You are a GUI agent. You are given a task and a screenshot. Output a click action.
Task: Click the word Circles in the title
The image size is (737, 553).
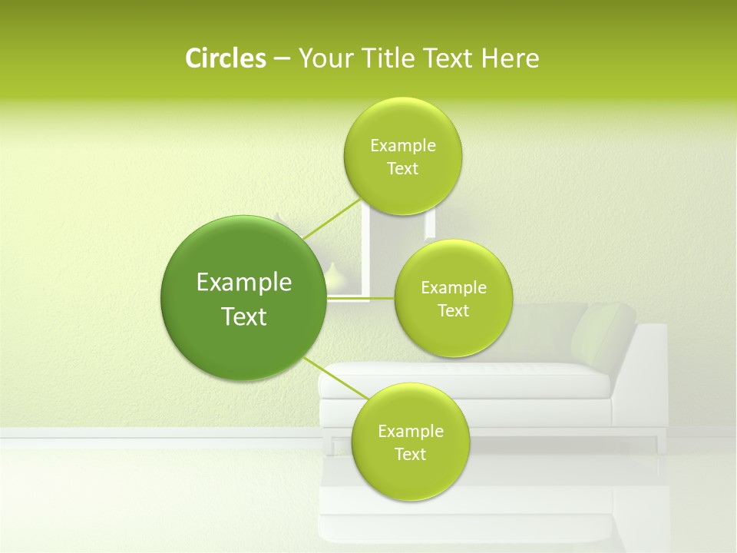[x=225, y=58]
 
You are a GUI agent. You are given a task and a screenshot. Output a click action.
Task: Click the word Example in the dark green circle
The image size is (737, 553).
[x=244, y=283]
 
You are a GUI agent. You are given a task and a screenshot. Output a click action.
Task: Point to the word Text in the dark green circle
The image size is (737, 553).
[x=244, y=316]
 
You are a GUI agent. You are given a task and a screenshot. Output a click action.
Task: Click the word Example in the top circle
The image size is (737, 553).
[x=403, y=146]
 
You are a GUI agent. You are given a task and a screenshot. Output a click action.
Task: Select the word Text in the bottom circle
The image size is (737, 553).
[x=410, y=454]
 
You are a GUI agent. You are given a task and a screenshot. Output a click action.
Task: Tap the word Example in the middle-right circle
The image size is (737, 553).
[x=454, y=288]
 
